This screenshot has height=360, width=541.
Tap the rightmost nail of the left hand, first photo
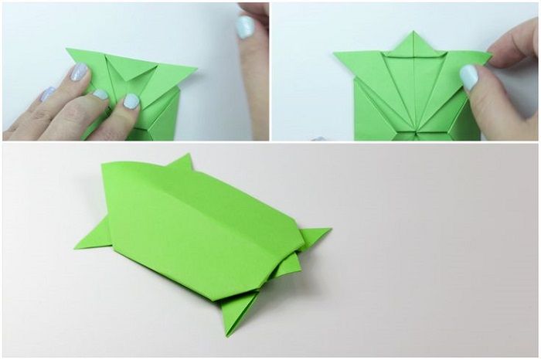click(131, 100)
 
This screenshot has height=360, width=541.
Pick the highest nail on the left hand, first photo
click(80, 73)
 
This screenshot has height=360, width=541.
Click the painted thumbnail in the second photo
click(469, 76)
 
